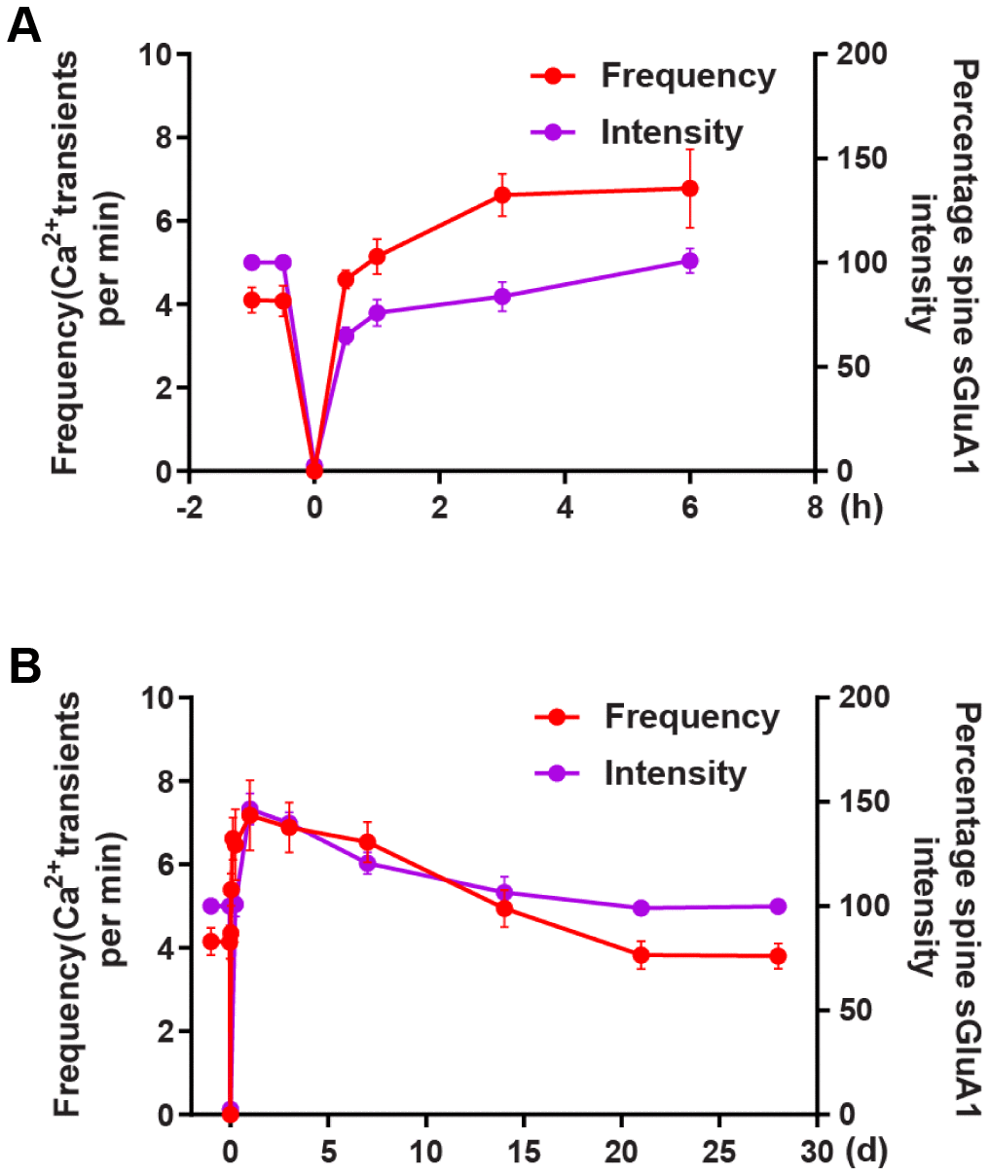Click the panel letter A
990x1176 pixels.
[24, 26]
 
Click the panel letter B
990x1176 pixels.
[24, 667]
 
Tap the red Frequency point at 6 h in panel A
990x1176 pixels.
[689, 188]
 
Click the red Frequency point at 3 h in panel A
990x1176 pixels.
[502, 195]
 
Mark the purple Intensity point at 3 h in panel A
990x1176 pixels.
[502, 297]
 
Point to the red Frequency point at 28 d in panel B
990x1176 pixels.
[777, 956]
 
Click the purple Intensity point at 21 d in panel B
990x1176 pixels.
[641, 908]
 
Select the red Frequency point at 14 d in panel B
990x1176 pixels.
[504, 909]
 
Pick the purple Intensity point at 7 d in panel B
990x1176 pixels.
[367, 863]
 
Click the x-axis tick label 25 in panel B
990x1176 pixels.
[719, 1152]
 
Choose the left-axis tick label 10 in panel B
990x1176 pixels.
[160, 697]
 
